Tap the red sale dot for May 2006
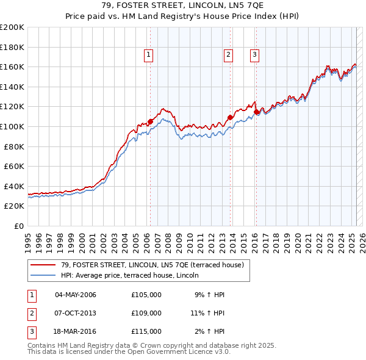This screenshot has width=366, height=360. tap(150, 121)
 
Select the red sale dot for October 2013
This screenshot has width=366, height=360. tap(230, 117)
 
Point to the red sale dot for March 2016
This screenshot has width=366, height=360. tap(256, 111)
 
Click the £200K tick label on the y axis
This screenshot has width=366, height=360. tap(12, 27)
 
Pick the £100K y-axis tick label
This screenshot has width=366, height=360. tap(12, 126)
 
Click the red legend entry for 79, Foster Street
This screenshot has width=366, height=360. tap(152, 265)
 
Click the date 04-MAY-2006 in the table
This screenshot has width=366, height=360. tap(76, 295)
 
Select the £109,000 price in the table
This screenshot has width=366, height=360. tap(146, 313)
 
